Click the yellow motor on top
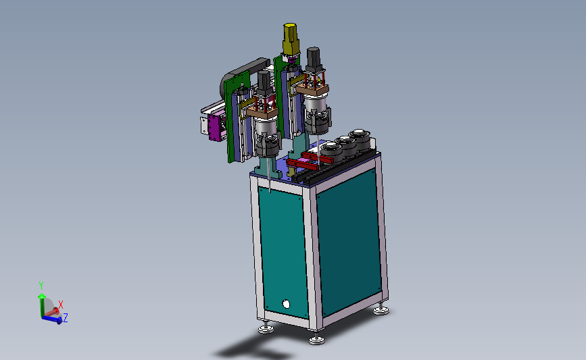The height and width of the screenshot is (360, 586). pyautogui.click(x=291, y=39)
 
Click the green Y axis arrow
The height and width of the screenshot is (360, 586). pyautogui.click(x=41, y=305)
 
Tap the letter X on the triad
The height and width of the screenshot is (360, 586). pyautogui.click(x=61, y=305)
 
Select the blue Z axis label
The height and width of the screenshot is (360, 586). pyautogui.click(x=66, y=318)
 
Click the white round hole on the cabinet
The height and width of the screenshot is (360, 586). pyautogui.click(x=286, y=304)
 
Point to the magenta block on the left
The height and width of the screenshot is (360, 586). pyautogui.click(x=214, y=128)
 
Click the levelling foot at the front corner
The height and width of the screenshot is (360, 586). pyautogui.click(x=316, y=338)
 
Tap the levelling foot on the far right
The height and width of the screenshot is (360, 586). pyautogui.click(x=381, y=309)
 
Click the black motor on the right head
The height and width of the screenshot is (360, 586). pyautogui.click(x=313, y=58)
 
